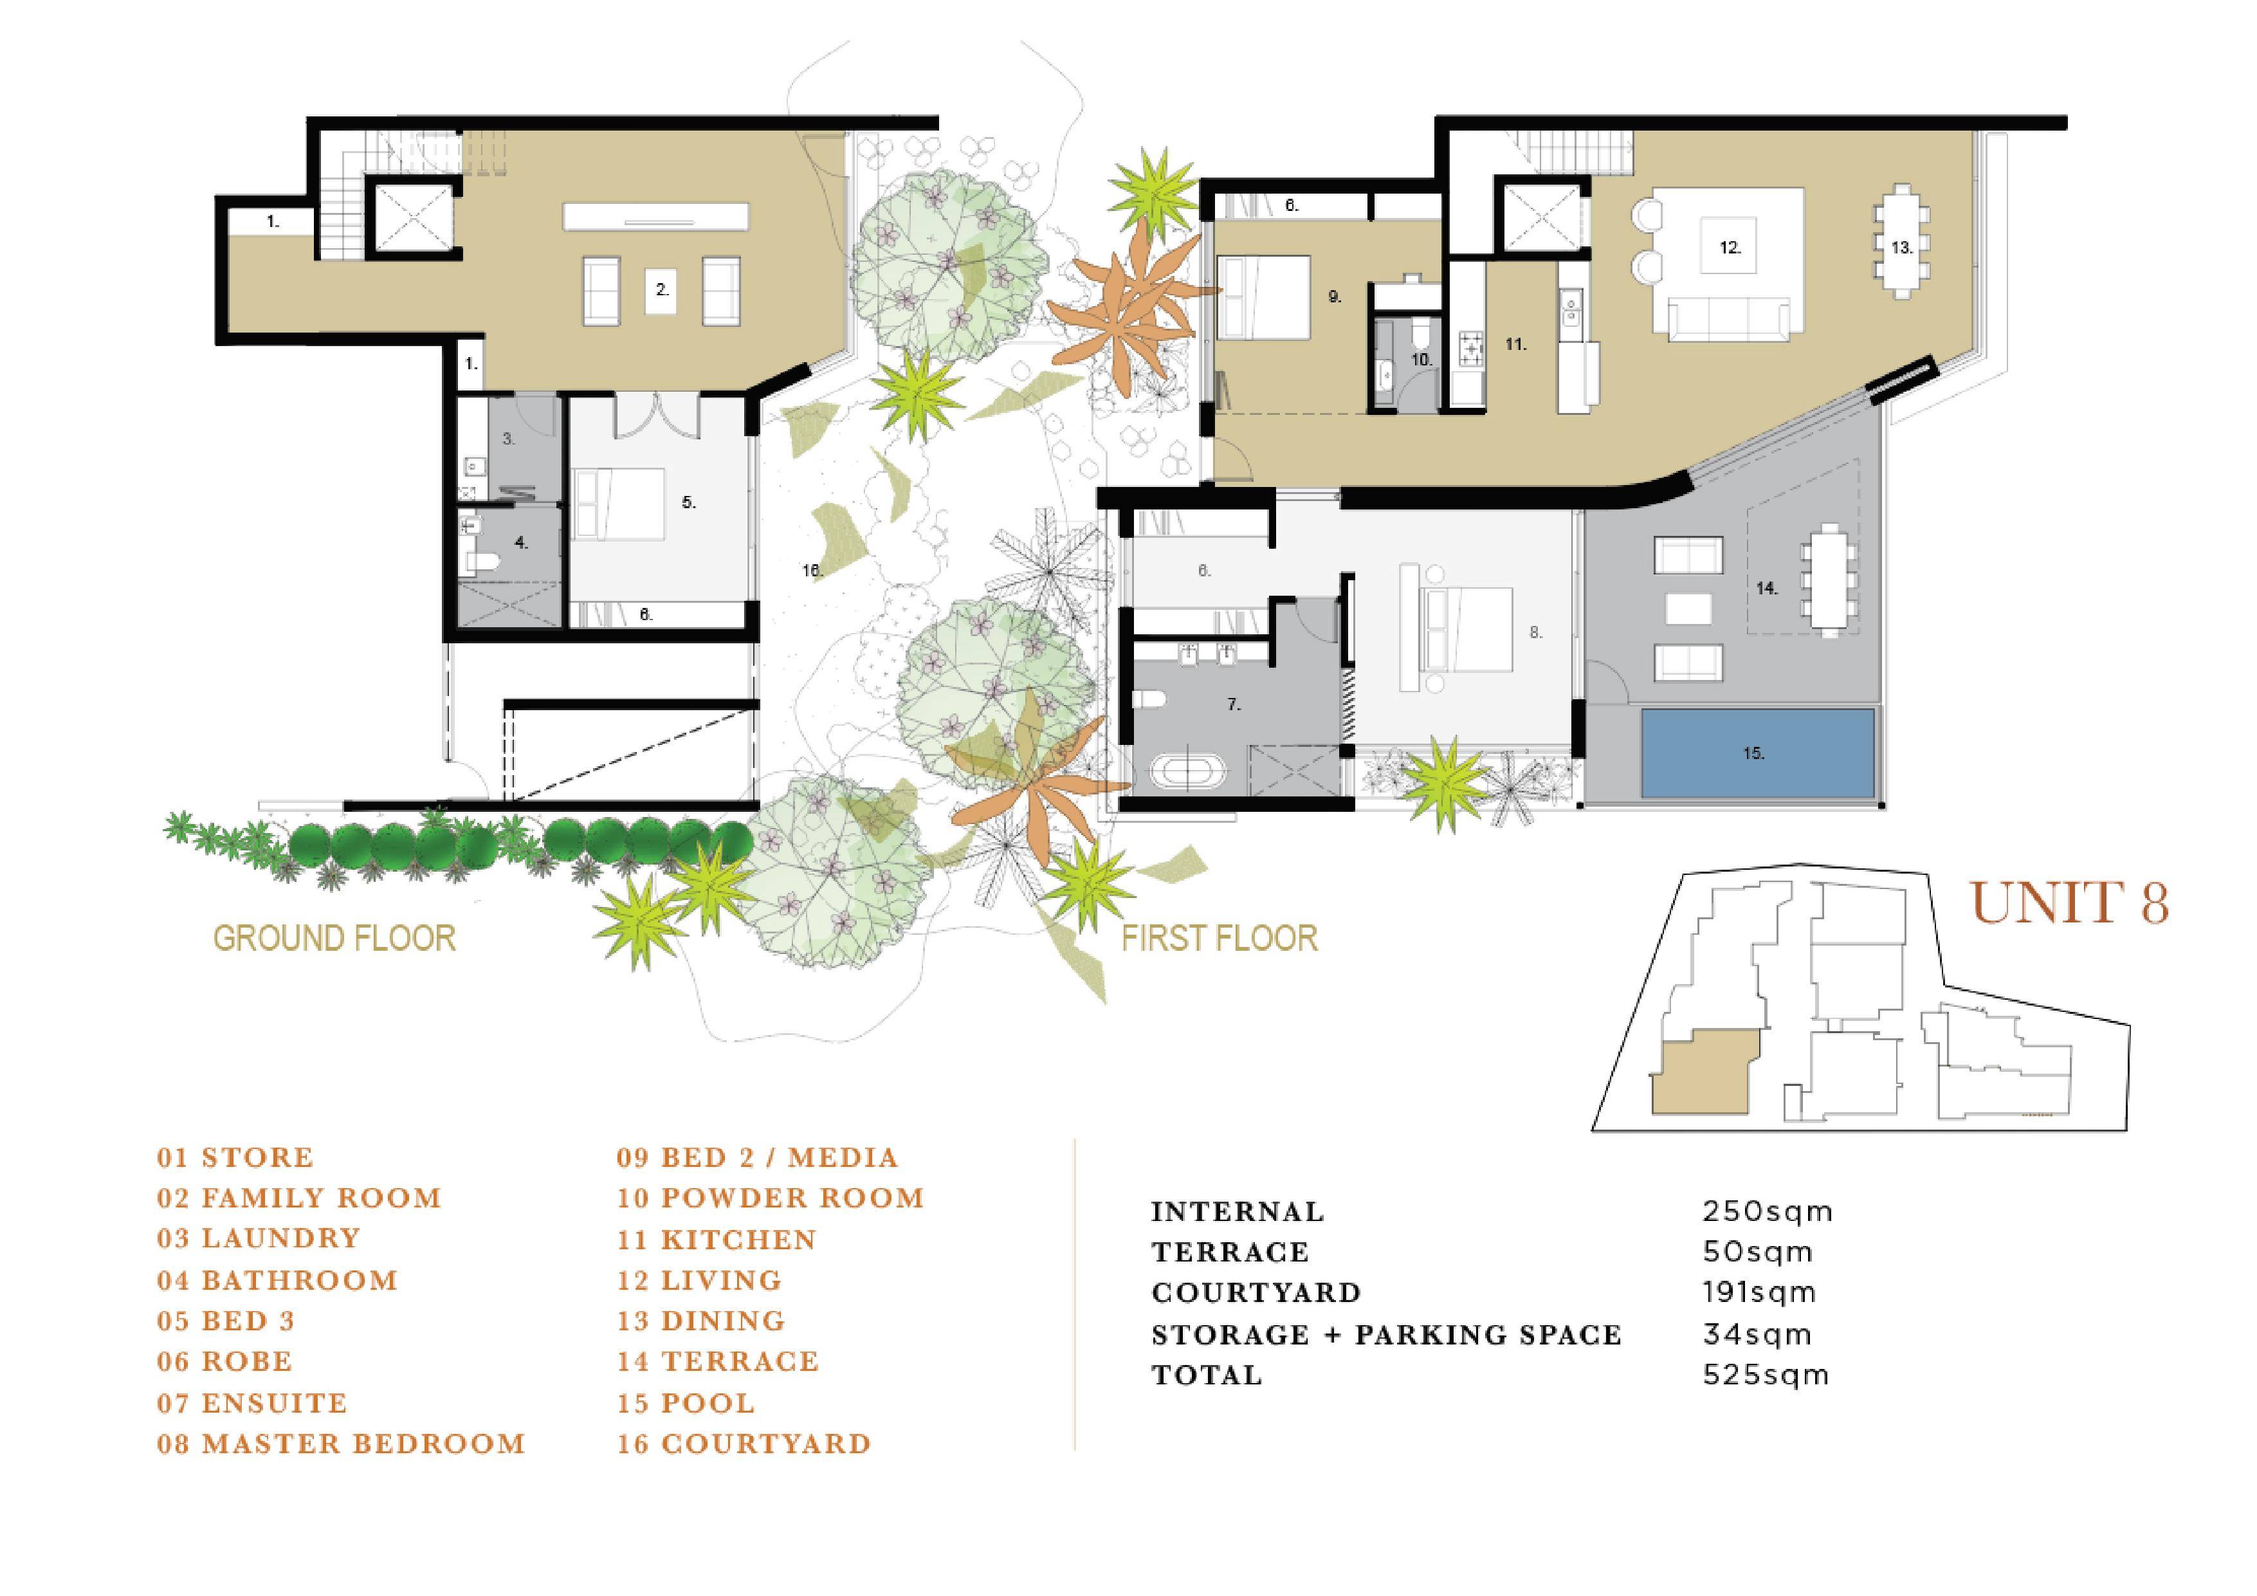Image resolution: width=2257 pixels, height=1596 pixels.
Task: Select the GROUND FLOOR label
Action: coord(334,938)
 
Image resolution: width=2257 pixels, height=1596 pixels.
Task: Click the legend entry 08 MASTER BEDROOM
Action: coord(341,1444)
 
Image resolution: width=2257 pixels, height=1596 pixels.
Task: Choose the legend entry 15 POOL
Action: coord(686,1402)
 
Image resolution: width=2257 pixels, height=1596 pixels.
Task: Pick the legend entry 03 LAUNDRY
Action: coord(259,1238)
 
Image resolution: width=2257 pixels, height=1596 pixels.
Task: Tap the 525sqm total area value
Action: coord(1766,1374)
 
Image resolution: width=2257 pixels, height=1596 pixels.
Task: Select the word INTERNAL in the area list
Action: coord(1238,1211)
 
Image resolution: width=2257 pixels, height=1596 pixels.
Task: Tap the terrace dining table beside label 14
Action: coord(1829,581)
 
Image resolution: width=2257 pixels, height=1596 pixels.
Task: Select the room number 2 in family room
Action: coord(662,290)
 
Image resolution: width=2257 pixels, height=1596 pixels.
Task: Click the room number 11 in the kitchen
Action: coord(1515,344)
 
